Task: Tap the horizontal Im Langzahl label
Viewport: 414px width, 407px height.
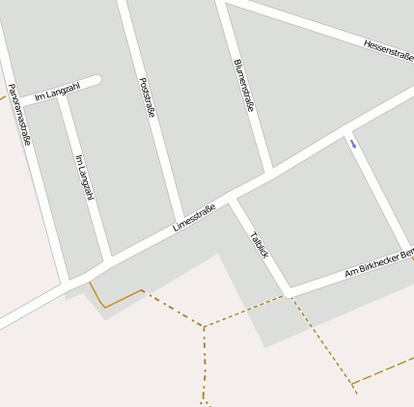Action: (57, 92)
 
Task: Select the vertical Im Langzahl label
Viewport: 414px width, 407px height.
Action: (84, 177)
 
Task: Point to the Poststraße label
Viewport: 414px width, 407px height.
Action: (147, 97)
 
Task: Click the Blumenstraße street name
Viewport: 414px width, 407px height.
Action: (243, 85)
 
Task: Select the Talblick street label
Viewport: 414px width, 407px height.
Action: (259, 243)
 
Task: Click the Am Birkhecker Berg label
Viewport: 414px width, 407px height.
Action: (378, 262)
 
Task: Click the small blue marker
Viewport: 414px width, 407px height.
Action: (353, 145)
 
